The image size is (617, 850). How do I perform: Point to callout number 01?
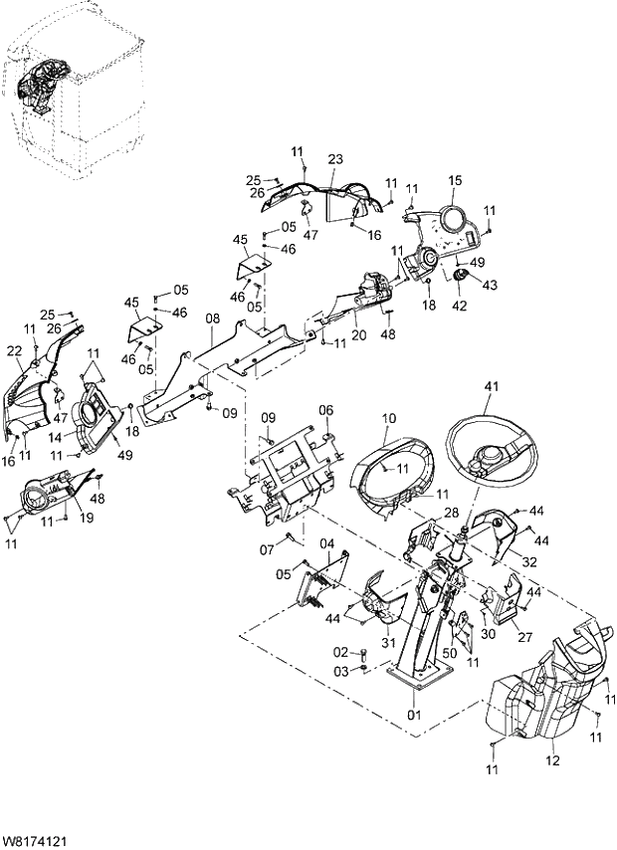[x=413, y=715]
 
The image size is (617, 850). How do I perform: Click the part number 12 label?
[x=553, y=762]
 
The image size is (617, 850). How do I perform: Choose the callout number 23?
[x=335, y=159]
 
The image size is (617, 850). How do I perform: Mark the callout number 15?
[x=455, y=180]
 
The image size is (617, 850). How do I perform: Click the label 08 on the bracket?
[x=212, y=319]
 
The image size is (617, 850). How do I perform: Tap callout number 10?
[x=389, y=418]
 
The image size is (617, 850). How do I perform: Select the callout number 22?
[x=15, y=350]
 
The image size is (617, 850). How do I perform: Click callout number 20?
[x=358, y=335]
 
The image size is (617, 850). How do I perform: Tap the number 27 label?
[x=524, y=640]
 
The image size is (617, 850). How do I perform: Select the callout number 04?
[x=326, y=541]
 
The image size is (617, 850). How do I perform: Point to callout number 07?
[x=267, y=549]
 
